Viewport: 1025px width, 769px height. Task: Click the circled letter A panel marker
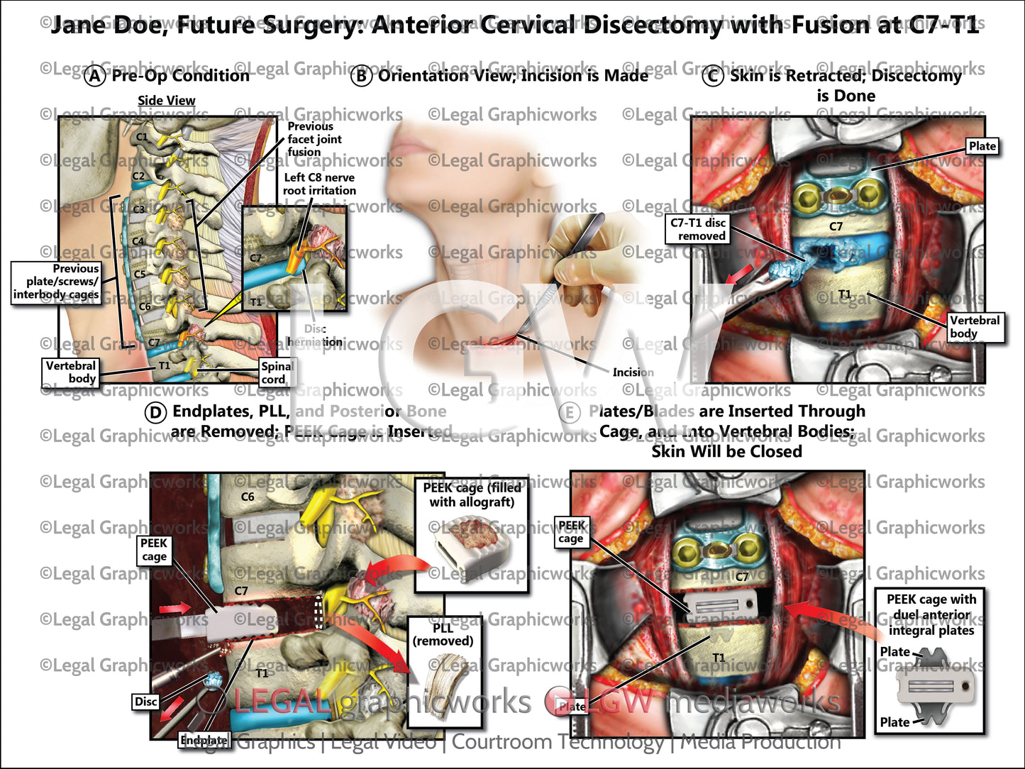click(x=96, y=76)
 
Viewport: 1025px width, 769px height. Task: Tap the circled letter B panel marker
click(x=362, y=76)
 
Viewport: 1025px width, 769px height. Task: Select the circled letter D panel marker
click(x=155, y=412)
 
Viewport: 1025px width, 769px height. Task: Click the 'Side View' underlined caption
click(x=166, y=101)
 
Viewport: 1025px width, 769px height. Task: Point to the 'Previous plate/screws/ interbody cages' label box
click(x=56, y=282)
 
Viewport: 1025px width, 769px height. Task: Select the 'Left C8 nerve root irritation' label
click(x=319, y=184)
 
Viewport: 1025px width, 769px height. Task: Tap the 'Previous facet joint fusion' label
click(x=314, y=139)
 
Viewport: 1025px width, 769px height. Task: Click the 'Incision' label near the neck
click(x=633, y=372)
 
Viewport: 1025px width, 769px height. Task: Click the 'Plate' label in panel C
click(x=982, y=146)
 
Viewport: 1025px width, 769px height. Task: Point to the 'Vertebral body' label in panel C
click(x=975, y=327)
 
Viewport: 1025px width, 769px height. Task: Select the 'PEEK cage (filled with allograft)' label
click(x=472, y=494)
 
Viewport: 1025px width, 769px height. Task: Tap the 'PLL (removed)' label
click(x=443, y=634)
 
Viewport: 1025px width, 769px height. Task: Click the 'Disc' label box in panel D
click(x=145, y=702)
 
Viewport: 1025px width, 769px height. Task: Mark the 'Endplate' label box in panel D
click(x=204, y=740)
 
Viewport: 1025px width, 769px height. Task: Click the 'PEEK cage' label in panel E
click(x=571, y=531)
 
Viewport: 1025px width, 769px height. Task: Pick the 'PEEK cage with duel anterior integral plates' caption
click(x=931, y=614)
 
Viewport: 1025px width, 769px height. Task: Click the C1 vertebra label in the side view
click(x=142, y=137)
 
